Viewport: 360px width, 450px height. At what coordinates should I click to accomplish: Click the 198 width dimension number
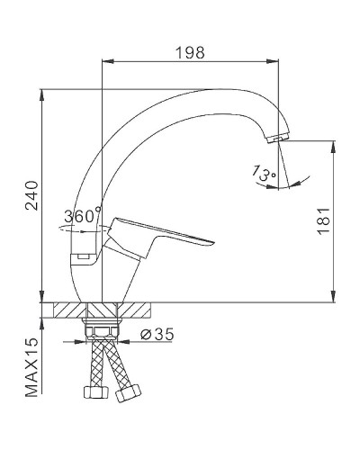(x=189, y=52)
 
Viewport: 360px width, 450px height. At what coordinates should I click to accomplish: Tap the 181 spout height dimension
(x=323, y=219)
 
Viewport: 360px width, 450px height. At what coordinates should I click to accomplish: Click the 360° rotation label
(x=83, y=216)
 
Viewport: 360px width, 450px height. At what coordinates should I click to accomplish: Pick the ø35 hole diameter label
(x=159, y=335)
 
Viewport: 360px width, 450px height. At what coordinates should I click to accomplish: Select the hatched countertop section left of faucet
(x=67, y=310)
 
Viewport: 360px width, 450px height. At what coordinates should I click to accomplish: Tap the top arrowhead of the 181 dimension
(x=334, y=143)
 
